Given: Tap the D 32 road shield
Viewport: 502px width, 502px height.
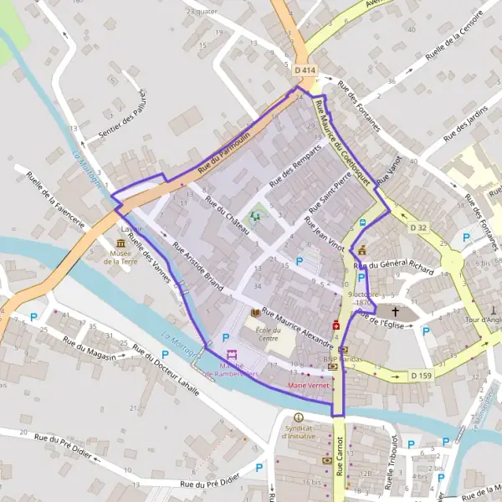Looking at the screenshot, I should click(418, 228).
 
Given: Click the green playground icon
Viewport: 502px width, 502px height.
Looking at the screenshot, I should click(257, 215).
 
